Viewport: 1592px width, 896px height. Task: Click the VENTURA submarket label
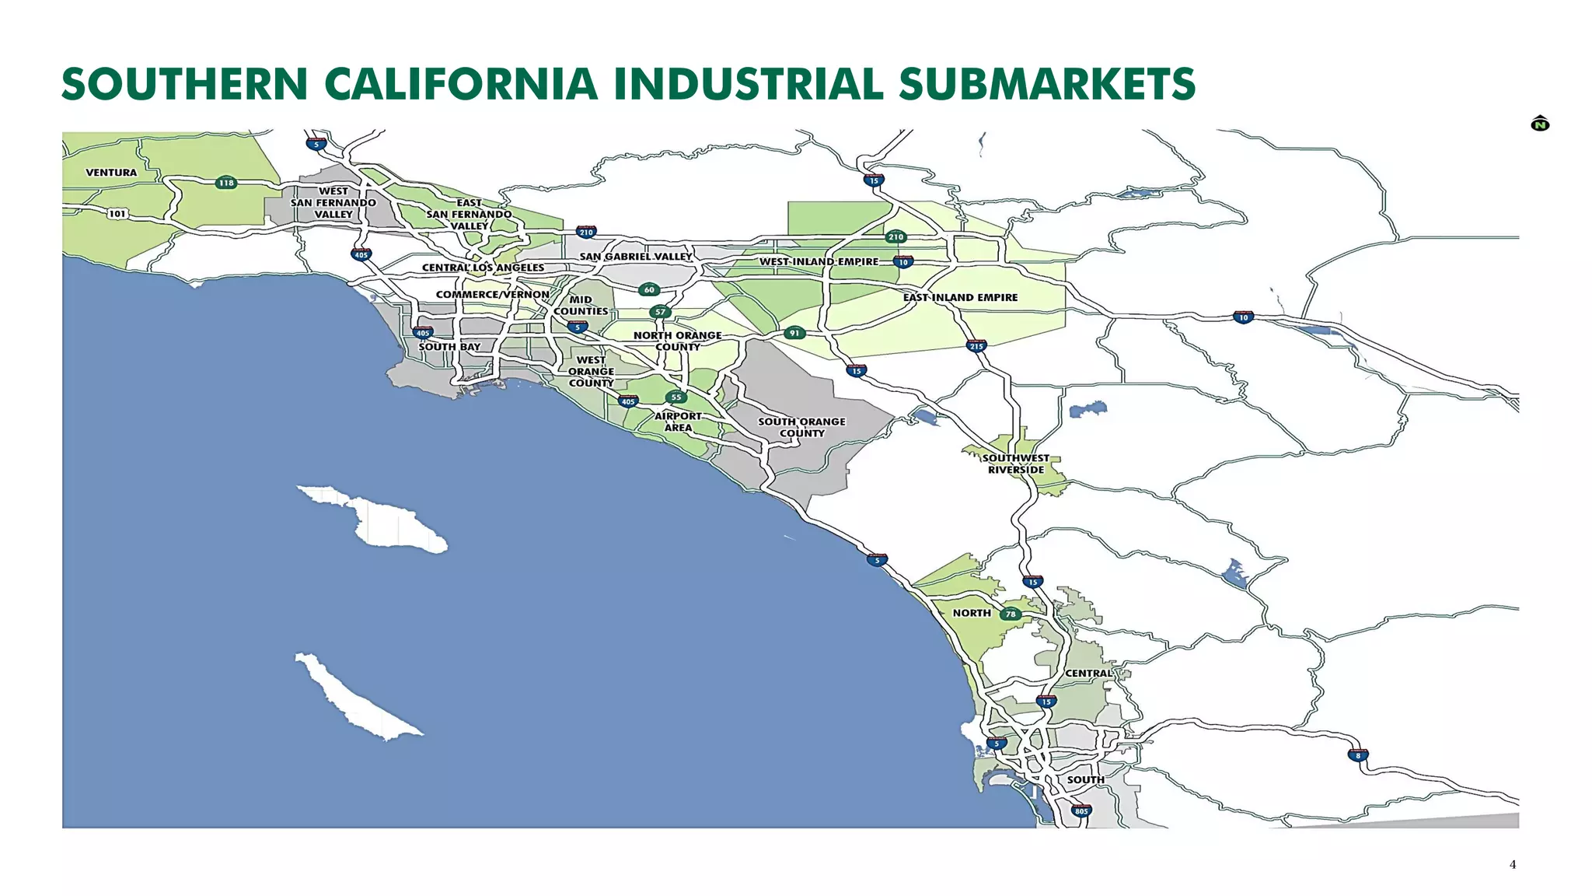111,173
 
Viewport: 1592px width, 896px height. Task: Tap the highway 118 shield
225,184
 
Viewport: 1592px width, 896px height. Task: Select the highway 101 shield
117,214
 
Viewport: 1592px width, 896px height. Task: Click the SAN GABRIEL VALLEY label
635,257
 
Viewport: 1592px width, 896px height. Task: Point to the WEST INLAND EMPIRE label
819,262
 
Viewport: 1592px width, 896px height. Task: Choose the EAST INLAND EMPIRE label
960,298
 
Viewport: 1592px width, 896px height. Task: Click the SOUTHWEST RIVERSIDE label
1015,464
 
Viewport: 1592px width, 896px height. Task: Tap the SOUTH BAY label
449,347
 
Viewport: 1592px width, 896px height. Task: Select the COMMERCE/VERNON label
492,295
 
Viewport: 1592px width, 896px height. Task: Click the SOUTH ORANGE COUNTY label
801,427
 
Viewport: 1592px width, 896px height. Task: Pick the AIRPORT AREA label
678,422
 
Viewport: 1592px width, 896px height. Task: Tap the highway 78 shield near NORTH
1010,614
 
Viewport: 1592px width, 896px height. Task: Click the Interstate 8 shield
1358,755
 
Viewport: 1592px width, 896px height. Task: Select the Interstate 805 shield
1081,811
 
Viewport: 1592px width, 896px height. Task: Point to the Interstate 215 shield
976,346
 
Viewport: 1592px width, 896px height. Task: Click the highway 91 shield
794,333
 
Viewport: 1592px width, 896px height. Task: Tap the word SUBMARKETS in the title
1046,85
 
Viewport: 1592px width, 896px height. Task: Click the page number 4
1512,864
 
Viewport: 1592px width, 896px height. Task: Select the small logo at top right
1539,124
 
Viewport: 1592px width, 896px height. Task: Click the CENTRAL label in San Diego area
1088,674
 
